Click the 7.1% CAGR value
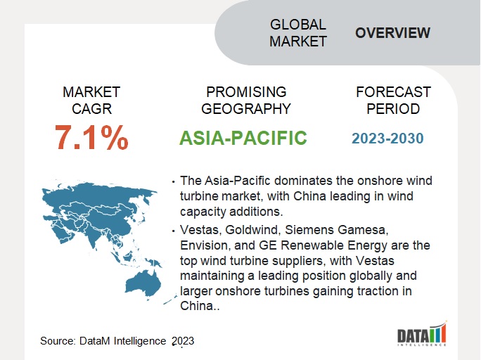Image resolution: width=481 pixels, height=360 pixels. (91, 138)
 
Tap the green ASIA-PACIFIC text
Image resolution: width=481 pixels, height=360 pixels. (243, 138)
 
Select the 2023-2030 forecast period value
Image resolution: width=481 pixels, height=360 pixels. (387, 139)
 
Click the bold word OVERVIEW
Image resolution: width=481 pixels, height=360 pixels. (392, 33)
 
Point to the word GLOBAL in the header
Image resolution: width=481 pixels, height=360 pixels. (298, 25)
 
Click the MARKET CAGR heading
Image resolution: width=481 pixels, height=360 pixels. (91, 101)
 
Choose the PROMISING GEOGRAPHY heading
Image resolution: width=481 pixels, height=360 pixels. (246, 101)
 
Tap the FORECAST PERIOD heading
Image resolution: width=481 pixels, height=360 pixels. (393, 101)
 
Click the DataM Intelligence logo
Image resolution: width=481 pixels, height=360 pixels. (422, 334)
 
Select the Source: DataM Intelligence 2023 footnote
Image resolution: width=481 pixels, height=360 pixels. (117, 341)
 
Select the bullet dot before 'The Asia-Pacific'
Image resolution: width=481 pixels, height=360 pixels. (173, 182)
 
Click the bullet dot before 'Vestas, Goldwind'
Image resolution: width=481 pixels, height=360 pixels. (173, 231)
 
